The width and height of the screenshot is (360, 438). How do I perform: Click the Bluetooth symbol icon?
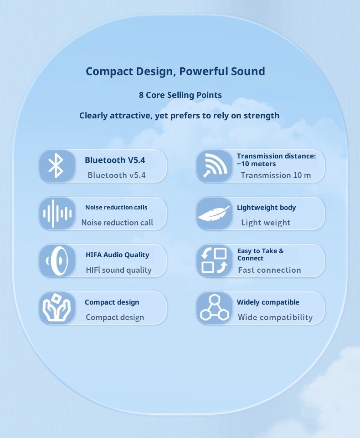56,166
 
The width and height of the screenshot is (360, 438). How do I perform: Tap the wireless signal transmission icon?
215,166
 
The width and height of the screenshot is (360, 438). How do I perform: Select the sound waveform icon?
57,214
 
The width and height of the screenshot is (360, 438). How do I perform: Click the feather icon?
214,214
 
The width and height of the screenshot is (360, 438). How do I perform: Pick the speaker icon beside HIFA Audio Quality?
57,261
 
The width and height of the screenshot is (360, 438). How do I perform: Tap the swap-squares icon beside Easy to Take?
214,261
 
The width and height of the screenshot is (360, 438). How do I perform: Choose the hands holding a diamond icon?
57,307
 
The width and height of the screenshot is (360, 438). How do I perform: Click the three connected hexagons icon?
214,307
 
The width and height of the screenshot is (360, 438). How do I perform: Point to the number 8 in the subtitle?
141,95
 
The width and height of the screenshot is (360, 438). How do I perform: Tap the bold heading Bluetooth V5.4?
115,160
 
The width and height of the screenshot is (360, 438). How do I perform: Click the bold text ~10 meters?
256,164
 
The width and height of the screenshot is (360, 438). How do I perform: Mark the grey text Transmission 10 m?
276,175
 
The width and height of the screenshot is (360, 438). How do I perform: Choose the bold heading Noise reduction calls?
116,207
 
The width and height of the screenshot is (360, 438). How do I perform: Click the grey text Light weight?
266,223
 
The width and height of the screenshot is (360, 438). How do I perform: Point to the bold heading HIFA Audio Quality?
118,255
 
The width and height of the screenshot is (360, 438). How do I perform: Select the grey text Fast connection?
269,270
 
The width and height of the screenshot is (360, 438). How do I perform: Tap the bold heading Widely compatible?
268,302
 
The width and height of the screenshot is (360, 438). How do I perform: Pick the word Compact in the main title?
109,71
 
